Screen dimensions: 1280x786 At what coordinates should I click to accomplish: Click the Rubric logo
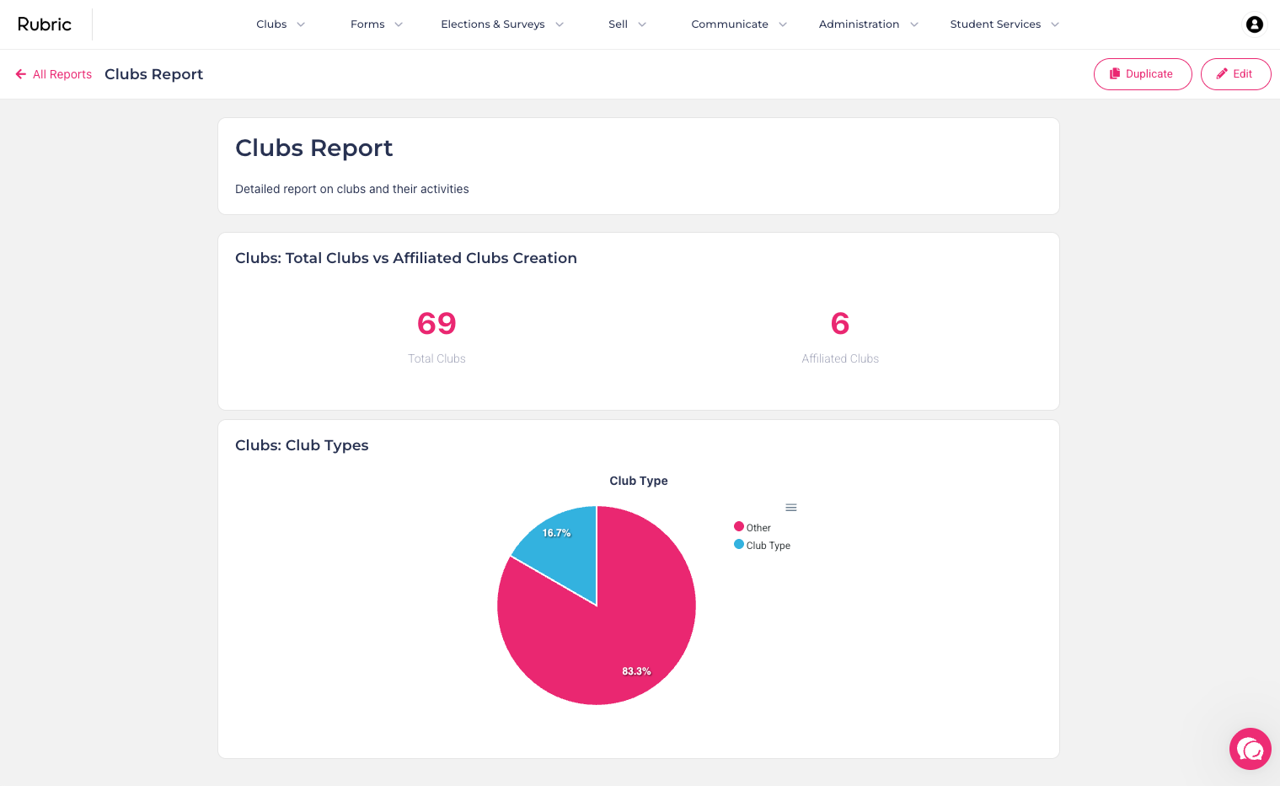tap(45, 24)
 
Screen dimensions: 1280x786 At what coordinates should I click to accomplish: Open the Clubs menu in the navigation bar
tap(281, 24)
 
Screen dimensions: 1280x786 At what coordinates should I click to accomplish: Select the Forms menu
tap(377, 24)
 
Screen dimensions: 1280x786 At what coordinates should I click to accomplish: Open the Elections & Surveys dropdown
tap(502, 24)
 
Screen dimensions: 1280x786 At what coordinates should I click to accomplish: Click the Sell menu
tap(627, 24)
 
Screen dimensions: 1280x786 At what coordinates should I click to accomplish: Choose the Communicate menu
tap(739, 24)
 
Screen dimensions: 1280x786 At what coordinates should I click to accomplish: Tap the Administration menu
tap(869, 24)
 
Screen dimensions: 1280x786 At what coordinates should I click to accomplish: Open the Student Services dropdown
tap(1004, 24)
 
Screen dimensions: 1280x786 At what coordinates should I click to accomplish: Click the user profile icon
tap(1254, 24)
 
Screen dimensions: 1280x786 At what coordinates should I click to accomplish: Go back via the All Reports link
tap(54, 74)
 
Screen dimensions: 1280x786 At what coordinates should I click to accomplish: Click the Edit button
tap(1235, 74)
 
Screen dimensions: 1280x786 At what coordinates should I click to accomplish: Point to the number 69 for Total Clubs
tap(436, 323)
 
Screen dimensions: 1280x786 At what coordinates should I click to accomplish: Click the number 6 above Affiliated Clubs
tap(840, 323)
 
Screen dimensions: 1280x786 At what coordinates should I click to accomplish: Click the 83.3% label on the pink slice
tap(636, 671)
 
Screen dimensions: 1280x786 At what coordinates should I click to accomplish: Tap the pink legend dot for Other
tap(739, 526)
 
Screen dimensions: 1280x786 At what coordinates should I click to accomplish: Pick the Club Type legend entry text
tap(768, 546)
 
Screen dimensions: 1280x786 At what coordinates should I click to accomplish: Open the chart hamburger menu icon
tap(791, 508)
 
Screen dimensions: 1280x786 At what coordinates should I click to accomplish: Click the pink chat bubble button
tap(1251, 749)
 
